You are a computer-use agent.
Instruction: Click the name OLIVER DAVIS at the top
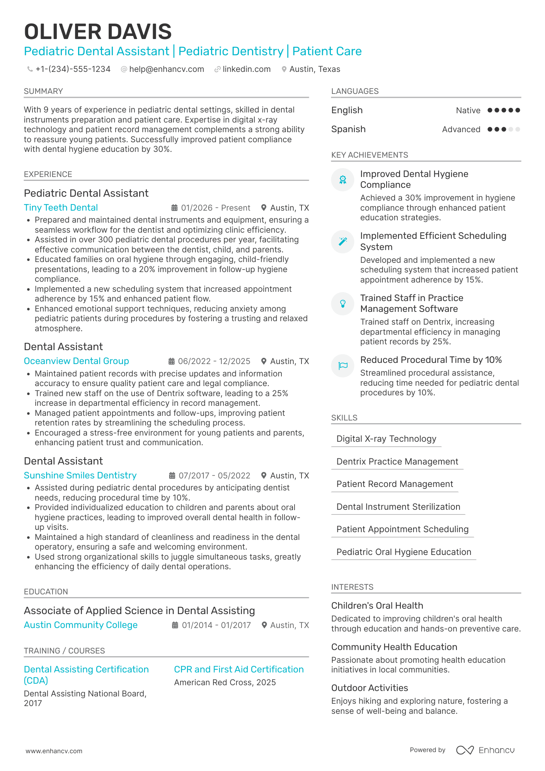[98, 32]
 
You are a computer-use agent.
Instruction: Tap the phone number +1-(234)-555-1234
[73, 69]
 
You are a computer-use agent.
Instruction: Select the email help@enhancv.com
[166, 69]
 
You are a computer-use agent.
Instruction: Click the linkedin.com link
[246, 69]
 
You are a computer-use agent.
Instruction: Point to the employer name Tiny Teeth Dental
[61, 208]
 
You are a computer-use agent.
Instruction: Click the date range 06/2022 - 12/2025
[214, 361]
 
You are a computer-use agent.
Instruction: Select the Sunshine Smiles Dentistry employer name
[80, 475]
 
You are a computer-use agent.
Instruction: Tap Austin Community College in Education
[80, 625]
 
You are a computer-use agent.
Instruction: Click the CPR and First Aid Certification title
[238, 669]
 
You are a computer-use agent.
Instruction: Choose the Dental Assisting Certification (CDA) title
[86, 675]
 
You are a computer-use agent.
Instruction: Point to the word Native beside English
[468, 111]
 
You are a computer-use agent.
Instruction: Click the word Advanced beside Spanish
[461, 129]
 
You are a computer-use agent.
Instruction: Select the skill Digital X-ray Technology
[386, 439]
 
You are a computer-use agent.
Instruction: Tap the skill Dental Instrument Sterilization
[398, 507]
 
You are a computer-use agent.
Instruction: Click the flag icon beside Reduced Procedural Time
[343, 366]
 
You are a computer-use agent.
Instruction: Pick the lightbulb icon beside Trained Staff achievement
[343, 304]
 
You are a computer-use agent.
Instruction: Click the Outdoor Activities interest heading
[369, 688]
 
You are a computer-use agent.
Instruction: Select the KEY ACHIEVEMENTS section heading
[369, 155]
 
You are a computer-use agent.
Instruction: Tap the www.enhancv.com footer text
[54, 751]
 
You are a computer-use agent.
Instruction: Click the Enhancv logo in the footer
[485, 750]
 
